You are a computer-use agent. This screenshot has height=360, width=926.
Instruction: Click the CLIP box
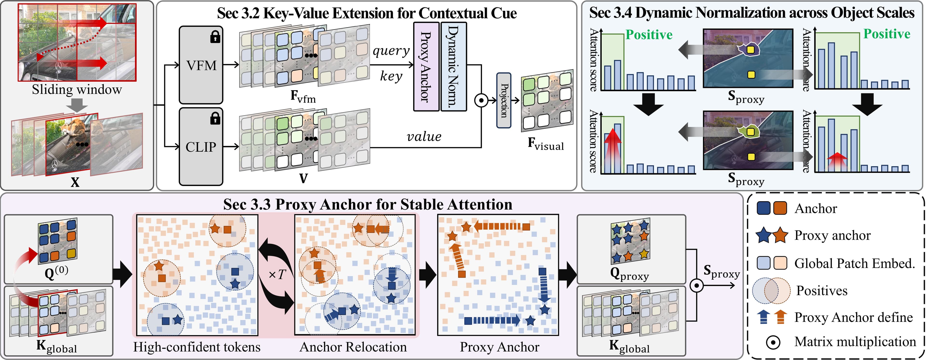point(201,147)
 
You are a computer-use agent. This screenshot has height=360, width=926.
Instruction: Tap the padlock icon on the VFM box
point(215,37)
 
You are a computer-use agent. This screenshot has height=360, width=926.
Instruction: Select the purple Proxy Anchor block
point(426,67)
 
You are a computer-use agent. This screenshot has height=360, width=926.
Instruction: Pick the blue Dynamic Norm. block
point(453,67)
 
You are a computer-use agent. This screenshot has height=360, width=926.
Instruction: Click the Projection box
point(504,100)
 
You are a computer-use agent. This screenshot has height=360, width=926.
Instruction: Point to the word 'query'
point(391,51)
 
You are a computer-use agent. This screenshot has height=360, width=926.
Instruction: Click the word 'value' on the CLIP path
point(424,136)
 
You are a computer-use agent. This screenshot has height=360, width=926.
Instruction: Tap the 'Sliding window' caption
point(77,89)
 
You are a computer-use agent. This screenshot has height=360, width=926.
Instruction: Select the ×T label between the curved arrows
point(277,275)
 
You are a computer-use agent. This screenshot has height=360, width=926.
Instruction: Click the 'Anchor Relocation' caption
point(353,347)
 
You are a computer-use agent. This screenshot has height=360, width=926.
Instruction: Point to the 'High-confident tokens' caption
point(197,347)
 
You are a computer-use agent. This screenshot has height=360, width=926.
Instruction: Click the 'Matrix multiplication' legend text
point(855,342)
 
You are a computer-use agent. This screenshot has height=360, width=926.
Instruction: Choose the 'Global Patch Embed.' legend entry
point(854,263)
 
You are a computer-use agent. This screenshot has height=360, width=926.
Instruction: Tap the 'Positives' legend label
point(821,290)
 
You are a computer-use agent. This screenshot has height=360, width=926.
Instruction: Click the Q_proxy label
point(629,275)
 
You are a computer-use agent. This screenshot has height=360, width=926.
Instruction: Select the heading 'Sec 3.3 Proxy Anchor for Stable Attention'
point(367,204)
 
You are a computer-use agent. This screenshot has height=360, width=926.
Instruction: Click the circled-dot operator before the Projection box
point(481,100)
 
